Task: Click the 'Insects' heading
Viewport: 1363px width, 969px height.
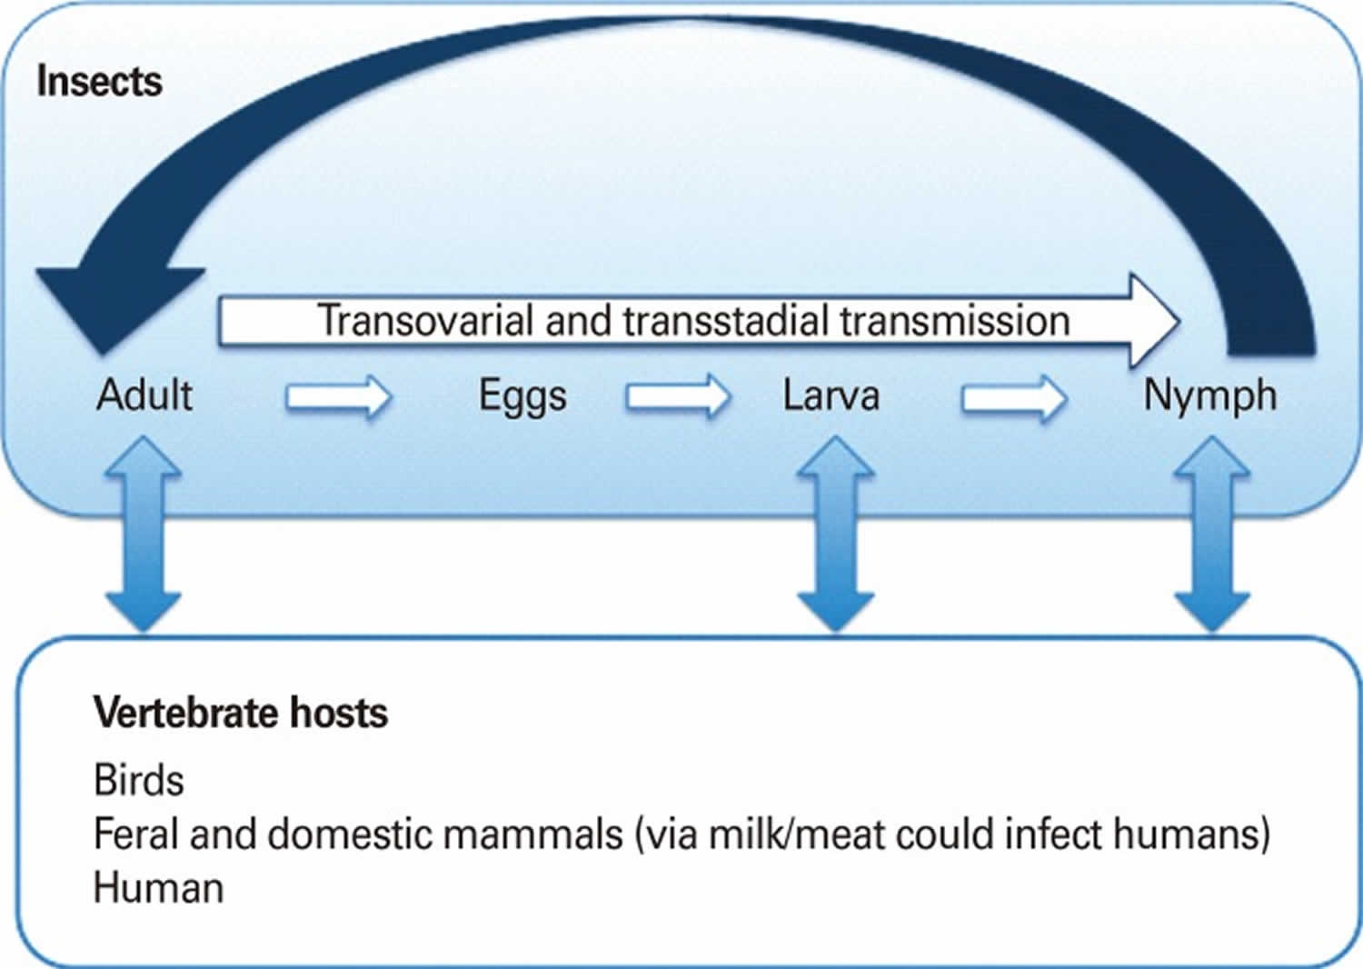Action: [99, 82]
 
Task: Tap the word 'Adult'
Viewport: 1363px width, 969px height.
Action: [144, 395]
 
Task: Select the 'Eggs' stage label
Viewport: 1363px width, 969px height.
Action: [522, 396]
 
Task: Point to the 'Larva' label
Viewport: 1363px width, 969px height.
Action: [831, 396]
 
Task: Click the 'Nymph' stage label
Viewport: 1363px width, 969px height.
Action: [1209, 396]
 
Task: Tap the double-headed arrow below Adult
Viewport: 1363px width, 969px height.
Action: [144, 534]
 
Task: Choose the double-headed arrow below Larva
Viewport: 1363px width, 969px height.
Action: [835, 534]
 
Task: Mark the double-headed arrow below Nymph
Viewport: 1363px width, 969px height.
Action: [1212, 534]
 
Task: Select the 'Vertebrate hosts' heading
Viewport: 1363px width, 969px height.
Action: [241, 713]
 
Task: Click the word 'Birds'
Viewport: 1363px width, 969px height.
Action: [138, 780]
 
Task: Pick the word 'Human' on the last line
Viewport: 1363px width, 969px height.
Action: [158, 888]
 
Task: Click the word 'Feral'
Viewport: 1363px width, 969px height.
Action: [134, 834]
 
